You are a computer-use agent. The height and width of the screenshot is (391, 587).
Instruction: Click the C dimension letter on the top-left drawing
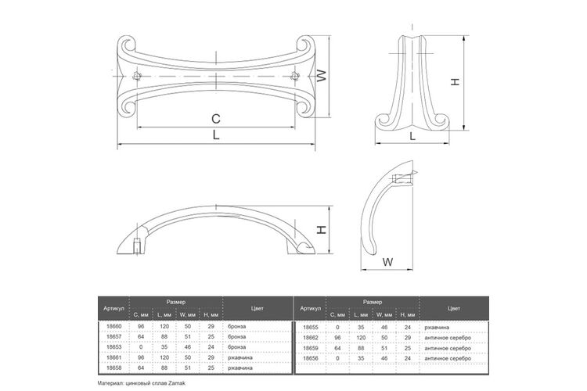(x=216, y=119)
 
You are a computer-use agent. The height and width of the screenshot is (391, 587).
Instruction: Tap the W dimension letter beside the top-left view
(x=321, y=76)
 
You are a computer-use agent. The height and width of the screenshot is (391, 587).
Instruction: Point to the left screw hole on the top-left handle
(x=138, y=77)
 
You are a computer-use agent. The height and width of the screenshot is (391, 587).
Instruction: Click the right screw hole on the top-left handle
(x=295, y=77)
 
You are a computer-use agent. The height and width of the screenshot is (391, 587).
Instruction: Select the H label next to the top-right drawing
(x=455, y=81)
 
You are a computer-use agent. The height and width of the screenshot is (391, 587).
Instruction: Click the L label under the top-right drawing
(x=412, y=136)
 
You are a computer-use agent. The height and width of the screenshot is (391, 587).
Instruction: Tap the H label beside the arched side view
(x=322, y=229)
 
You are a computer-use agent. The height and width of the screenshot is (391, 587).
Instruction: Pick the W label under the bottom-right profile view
(x=388, y=262)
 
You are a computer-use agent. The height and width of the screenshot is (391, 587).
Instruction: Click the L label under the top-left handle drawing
(x=216, y=135)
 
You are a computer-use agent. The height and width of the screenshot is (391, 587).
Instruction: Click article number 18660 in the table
(x=114, y=326)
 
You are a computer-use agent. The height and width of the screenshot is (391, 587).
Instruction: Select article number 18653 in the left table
(x=114, y=347)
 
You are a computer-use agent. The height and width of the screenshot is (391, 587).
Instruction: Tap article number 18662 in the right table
(x=311, y=338)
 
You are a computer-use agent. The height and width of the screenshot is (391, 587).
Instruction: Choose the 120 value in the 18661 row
(x=164, y=357)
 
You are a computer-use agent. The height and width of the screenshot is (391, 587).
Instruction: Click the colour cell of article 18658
(x=240, y=368)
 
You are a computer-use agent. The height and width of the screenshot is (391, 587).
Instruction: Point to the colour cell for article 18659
(x=448, y=348)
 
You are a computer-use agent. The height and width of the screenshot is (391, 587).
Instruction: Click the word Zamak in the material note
(x=178, y=383)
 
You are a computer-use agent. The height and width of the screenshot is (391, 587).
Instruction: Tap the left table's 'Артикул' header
(x=113, y=309)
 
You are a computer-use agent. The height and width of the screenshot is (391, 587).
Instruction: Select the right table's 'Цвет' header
(x=454, y=308)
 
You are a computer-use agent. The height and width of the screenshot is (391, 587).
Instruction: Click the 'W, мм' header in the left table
(x=188, y=315)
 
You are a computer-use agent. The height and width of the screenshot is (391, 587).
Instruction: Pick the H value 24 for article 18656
(x=408, y=358)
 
